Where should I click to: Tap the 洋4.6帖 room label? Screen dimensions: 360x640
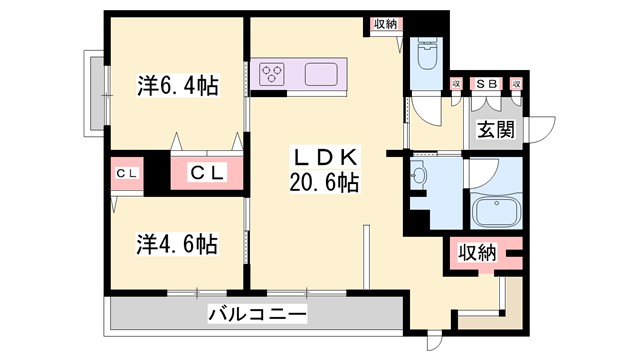point(176,242)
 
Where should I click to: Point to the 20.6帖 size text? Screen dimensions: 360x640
point(321,183)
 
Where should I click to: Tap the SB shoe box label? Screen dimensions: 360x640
point(487,84)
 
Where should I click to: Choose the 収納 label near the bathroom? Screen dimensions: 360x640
point(479,253)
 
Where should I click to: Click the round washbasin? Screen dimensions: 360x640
point(418,177)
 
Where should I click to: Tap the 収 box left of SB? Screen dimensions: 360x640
point(456,84)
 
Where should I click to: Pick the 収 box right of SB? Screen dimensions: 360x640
point(518,84)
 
